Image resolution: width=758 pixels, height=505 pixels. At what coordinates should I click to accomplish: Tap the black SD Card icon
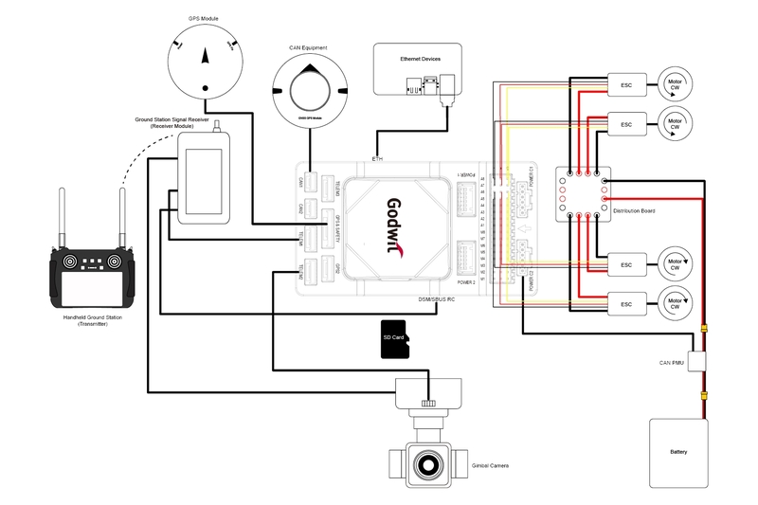[393, 339]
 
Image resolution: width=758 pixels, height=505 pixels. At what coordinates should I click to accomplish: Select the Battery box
[678, 452]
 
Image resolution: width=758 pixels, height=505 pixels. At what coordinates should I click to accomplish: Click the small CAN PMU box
[699, 361]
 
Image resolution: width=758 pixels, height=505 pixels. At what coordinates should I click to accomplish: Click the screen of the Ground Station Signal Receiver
[202, 179]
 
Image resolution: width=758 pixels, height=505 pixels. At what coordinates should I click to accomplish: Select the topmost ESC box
[626, 83]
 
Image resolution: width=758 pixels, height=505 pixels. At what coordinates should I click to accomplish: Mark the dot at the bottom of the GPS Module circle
[206, 89]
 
